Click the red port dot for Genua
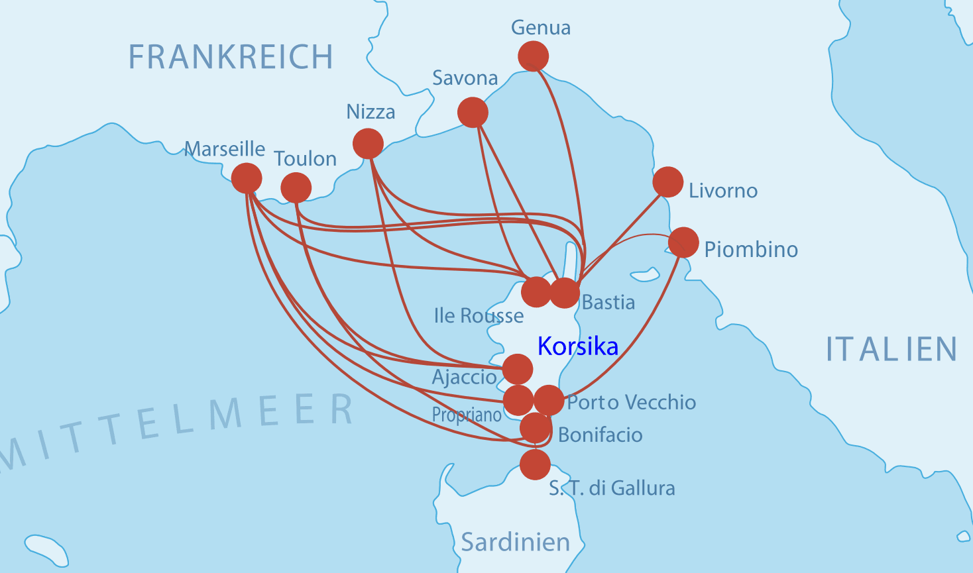point(533,56)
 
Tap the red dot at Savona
point(473,112)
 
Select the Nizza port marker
point(368,144)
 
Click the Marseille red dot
point(247,178)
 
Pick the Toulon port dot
point(296,188)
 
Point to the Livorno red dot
point(667,182)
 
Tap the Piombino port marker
point(683,242)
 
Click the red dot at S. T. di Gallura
point(535,464)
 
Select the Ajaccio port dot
point(517,369)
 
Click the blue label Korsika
point(577,346)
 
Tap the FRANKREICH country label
point(230,57)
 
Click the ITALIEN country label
point(891,349)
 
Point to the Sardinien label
point(515,542)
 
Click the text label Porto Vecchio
point(631,402)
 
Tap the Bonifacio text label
point(600,435)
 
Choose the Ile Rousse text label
point(479,315)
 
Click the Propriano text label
point(467,415)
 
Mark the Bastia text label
point(608,302)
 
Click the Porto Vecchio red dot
point(549,399)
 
